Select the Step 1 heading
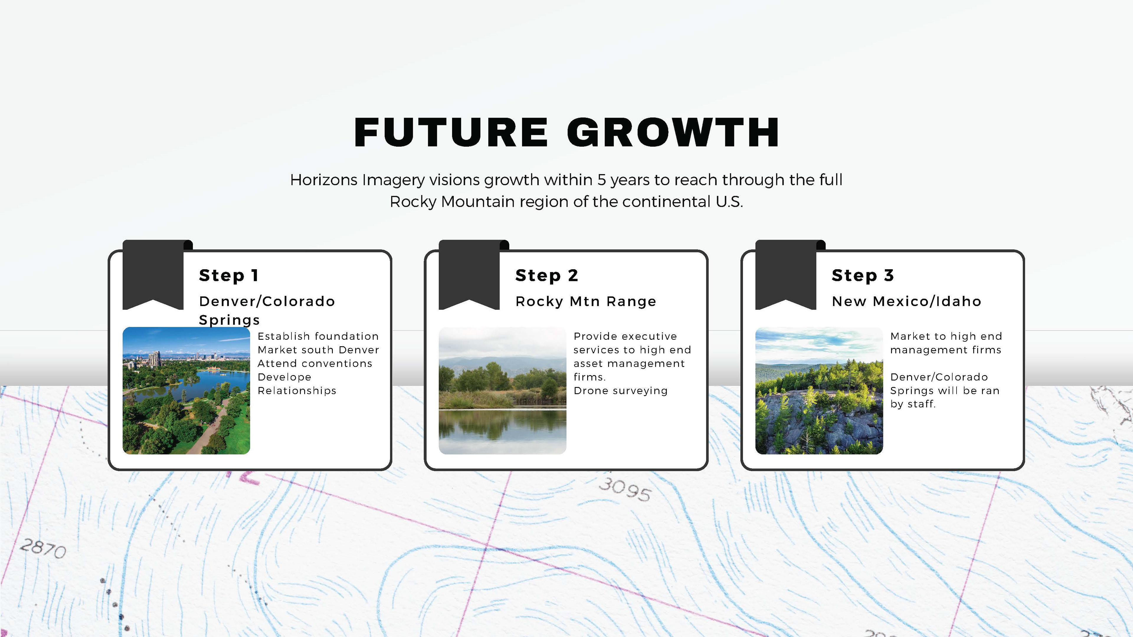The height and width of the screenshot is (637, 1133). pyautogui.click(x=229, y=275)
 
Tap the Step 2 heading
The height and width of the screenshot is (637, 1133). pyautogui.click(x=547, y=275)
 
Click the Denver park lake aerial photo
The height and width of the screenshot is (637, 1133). pyautogui.click(x=186, y=390)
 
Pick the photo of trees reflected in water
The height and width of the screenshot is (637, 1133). pyautogui.click(x=502, y=390)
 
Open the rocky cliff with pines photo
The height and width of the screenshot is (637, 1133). pyautogui.click(x=819, y=390)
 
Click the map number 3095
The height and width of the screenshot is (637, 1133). pyautogui.click(x=625, y=489)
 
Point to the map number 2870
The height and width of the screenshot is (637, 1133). pyautogui.click(x=43, y=548)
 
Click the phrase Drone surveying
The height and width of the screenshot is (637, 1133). pyautogui.click(x=620, y=390)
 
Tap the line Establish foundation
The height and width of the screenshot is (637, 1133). pyautogui.click(x=318, y=336)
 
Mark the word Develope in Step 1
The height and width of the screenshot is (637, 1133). pyautogui.click(x=284, y=377)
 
